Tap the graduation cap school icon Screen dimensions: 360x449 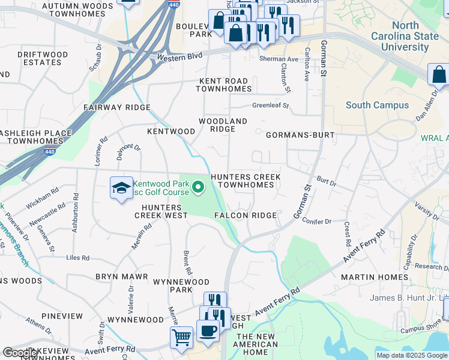[121, 188]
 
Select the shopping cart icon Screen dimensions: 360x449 [181, 337]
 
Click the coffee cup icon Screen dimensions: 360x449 [208, 330]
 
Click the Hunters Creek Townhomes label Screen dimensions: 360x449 [246, 181]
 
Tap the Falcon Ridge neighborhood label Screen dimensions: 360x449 [245, 215]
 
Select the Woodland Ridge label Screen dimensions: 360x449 [223, 125]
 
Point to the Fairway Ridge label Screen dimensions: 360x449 [117, 107]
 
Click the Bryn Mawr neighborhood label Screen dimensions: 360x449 [117, 277]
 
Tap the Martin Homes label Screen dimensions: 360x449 [375, 277]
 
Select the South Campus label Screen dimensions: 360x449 [377, 105]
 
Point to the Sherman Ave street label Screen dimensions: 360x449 [279, 59]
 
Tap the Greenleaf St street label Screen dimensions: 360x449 [270, 105]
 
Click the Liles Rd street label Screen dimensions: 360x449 [77, 258]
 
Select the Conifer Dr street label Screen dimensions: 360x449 [316, 221]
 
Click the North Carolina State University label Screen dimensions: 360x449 [415, 36]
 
